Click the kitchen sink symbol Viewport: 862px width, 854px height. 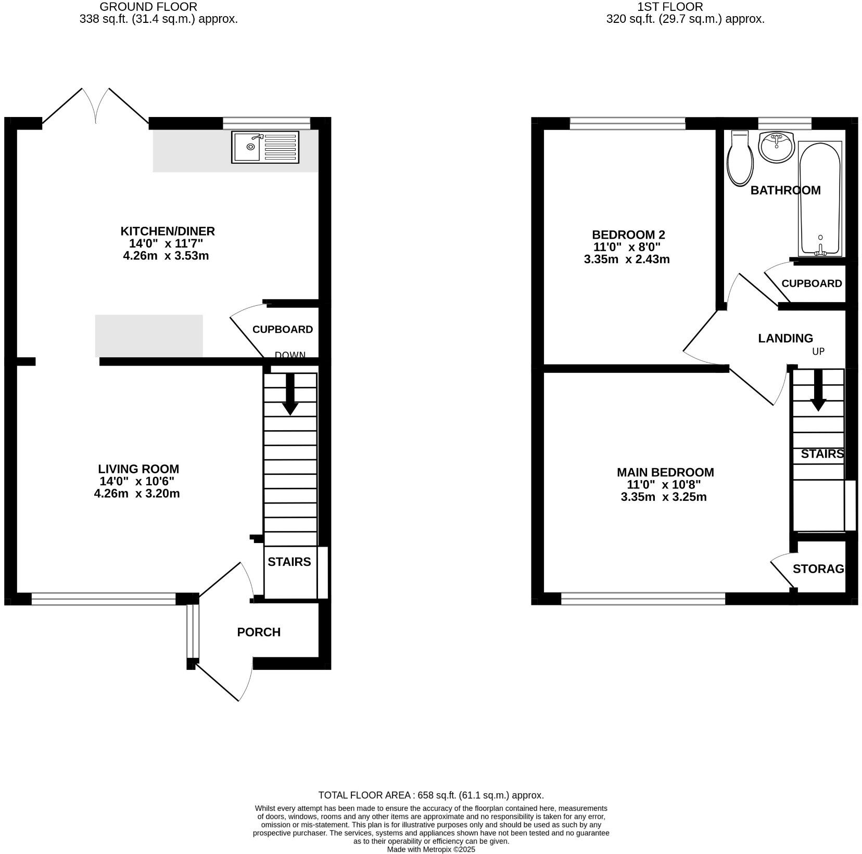point(266,147)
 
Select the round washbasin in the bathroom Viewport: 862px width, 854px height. point(776,147)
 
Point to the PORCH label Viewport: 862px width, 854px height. point(259,632)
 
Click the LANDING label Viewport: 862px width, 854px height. point(785,338)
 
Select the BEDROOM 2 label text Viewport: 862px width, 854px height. point(628,235)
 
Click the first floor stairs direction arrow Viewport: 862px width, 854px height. point(818,390)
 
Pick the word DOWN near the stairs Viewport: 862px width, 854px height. point(290,355)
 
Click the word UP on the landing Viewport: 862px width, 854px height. point(818,352)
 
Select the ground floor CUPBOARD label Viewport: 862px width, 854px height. point(282,329)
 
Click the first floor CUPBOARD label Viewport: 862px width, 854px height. point(812,283)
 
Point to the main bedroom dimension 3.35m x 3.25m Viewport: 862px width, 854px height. point(663,497)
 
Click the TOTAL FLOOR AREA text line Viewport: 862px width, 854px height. point(430,795)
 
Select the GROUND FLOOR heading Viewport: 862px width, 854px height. point(148,7)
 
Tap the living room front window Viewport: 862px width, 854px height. point(104,599)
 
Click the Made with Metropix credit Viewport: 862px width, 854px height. point(430,849)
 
